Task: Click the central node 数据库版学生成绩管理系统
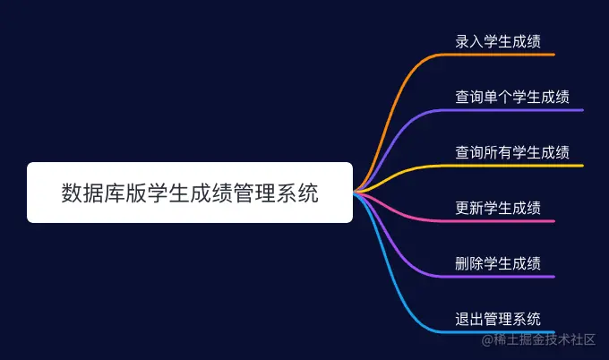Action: click(190, 193)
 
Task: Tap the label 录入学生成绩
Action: click(498, 41)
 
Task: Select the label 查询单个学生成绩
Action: click(512, 97)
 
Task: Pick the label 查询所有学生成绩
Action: click(512, 152)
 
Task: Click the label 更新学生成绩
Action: click(498, 208)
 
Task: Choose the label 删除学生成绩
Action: click(498, 263)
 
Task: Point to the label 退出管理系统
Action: click(498, 319)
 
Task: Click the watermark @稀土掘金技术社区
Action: click(538, 339)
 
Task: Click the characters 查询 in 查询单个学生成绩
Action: click(469, 97)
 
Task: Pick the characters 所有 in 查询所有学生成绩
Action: click(498, 152)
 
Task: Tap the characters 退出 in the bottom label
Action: click(469, 319)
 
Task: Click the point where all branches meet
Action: click(355, 193)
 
